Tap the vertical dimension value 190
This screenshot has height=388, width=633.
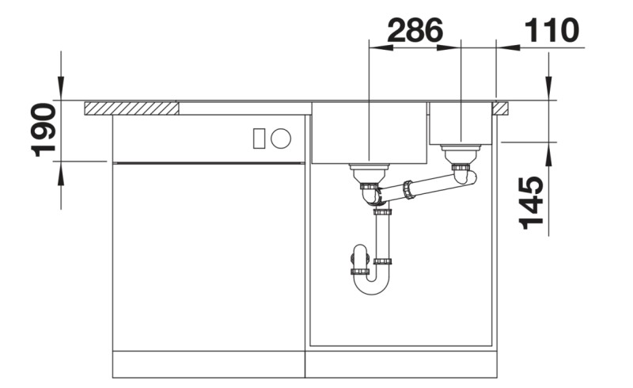[x=43, y=129]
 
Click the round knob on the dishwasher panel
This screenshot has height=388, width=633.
[x=281, y=139]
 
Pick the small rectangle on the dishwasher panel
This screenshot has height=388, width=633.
[x=259, y=139]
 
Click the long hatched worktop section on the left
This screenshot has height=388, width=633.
[x=131, y=108]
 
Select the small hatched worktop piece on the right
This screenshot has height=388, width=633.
[x=500, y=108]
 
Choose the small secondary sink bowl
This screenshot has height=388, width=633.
[x=461, y=124]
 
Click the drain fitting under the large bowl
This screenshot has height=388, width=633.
[x=370, y=170]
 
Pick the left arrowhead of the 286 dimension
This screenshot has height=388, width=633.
[x=377, y=48]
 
